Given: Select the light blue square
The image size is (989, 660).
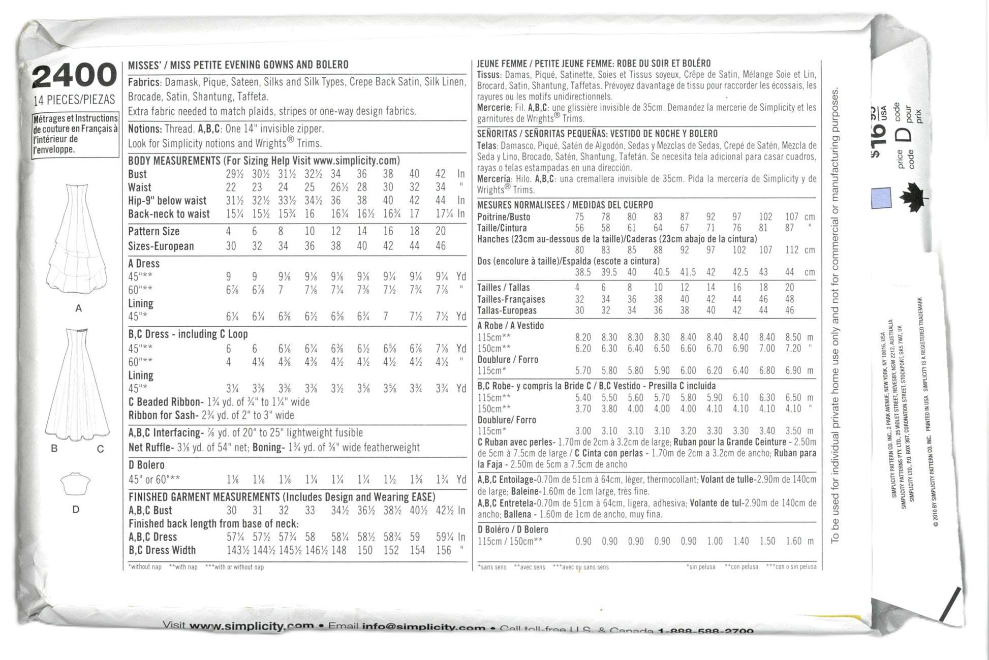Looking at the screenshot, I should click(881, 197).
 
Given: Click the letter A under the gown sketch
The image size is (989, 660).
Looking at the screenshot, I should click(78, 308).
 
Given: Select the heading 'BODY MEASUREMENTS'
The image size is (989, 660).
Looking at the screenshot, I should click(174, 161).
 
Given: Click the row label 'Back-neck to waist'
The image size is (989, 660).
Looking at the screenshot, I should click(169, 214).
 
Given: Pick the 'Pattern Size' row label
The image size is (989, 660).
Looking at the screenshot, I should click(153, 232).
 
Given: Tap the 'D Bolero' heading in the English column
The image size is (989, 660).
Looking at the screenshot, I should click(146, 465).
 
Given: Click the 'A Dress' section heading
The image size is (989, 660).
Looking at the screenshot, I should click(144, 264).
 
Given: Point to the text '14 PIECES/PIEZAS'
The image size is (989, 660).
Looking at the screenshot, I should click(74, 100).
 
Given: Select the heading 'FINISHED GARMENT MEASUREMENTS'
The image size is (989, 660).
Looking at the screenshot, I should click(203, 497).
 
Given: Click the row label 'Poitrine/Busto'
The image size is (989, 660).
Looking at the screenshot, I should click(504, 217).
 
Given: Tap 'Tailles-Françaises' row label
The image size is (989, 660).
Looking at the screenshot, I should click(511, 299).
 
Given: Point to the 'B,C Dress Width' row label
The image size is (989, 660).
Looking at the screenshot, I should click(162, 550).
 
